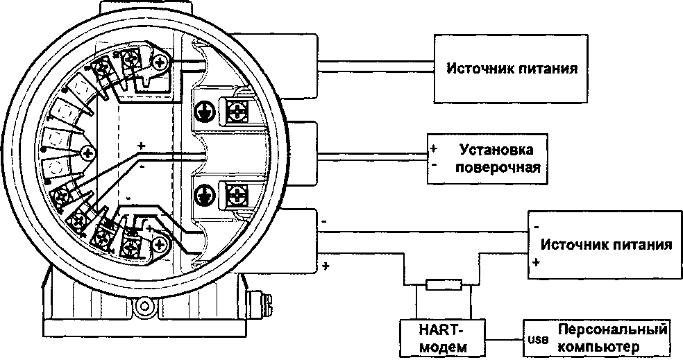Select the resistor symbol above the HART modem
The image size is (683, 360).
(441, 284)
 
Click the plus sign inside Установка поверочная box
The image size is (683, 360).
(432, 148)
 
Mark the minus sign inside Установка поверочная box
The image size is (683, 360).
(432, 166)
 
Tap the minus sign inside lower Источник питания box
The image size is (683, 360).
(537, 226)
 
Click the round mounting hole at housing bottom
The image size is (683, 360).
(146, 305)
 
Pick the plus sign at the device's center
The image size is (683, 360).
(142, 146)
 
